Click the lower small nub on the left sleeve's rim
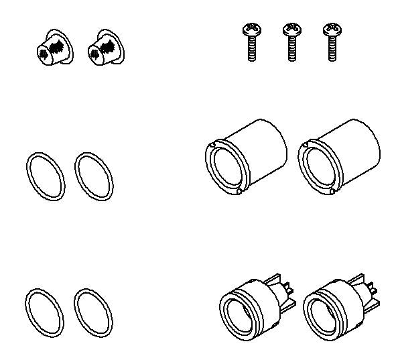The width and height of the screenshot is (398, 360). click(239, 192)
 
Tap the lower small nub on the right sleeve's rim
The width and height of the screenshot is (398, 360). click(332, 192)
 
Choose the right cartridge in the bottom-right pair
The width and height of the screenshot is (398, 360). click(335, 304)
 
